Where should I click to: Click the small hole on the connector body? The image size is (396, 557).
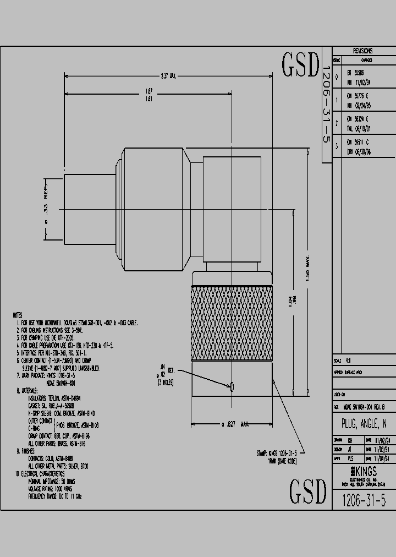click(232, 387)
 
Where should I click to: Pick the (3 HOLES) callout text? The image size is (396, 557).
click(166, 381)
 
